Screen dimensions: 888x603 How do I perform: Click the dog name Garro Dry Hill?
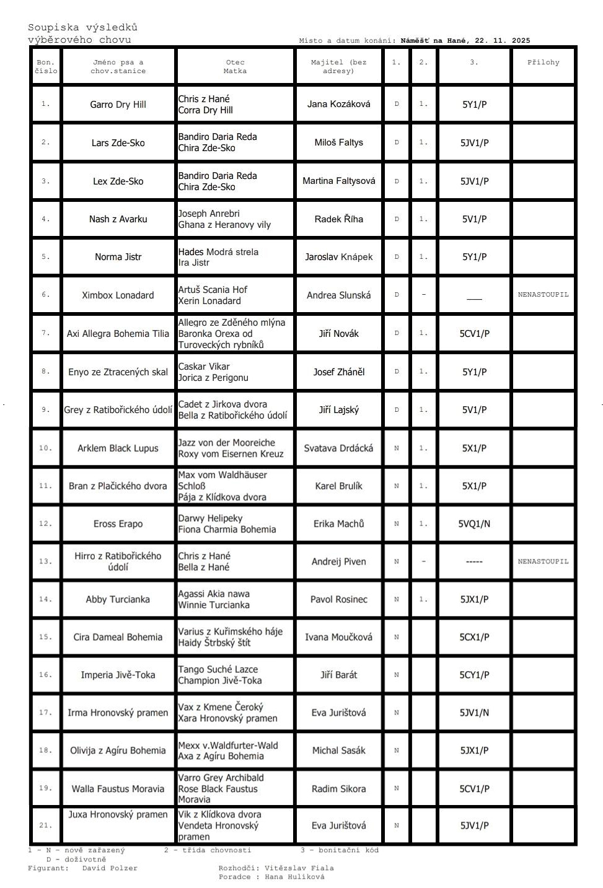pos(118,105)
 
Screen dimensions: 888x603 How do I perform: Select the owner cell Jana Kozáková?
pos(338,104)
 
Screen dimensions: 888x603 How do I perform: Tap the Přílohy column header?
pos(543,63)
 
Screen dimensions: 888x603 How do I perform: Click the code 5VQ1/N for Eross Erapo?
pos(474,524)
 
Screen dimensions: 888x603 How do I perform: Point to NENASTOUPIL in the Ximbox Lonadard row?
pos(543,295)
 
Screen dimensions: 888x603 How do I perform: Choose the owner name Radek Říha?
pos(338,219)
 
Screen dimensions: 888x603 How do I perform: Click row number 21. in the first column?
pos(46,825)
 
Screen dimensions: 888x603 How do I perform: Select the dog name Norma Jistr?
pos(118,257)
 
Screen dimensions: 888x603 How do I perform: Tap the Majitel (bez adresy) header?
pos(338,66)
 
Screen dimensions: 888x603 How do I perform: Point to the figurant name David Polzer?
pos(110,868)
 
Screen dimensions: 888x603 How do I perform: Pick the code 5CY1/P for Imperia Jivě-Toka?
pos(474,675)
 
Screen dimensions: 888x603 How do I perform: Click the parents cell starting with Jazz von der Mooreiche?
pos(231,448)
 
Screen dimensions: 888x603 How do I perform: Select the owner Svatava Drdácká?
pos(338,448)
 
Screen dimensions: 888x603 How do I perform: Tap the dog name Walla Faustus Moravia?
pos(118,789)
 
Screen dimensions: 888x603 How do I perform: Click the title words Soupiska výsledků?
pos(82,27)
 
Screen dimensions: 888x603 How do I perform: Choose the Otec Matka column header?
pos(235,66)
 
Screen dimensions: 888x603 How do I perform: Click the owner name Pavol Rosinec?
pos(338,599)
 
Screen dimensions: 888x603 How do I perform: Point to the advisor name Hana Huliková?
pos(294,877)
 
